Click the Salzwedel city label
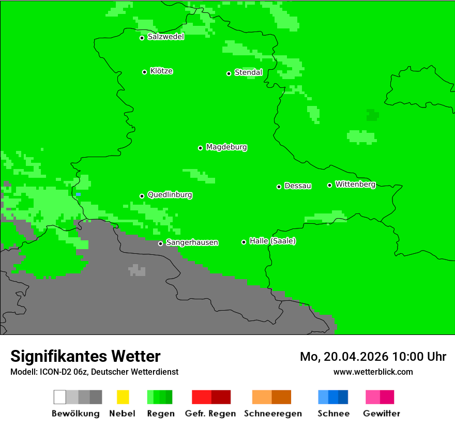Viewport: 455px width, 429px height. (165, 37)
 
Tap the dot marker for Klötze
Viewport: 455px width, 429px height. (144, 72)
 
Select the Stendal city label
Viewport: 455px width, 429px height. (248, 72)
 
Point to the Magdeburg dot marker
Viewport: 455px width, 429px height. (200, 148)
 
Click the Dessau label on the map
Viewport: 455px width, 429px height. (298, 186)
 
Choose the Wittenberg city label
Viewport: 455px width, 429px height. (355, 184)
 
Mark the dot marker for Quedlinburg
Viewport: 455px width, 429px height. (142, 196)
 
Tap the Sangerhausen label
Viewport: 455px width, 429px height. (192, 242)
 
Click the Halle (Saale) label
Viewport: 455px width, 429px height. (272, 241)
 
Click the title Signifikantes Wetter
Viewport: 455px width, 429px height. (85, 356)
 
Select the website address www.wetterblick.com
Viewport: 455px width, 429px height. (373, 372)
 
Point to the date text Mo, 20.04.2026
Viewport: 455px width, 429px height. (344, 357)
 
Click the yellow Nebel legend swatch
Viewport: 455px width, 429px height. (123, 397)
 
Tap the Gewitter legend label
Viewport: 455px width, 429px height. (381, 413)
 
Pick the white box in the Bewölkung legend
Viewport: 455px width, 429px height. (60, 397)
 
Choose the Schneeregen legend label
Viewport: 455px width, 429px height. (273, 413)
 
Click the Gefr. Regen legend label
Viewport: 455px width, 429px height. (210, 413)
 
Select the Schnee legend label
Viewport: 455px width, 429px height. (333, 413)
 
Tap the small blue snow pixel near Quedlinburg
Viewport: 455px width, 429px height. (78, 194)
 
